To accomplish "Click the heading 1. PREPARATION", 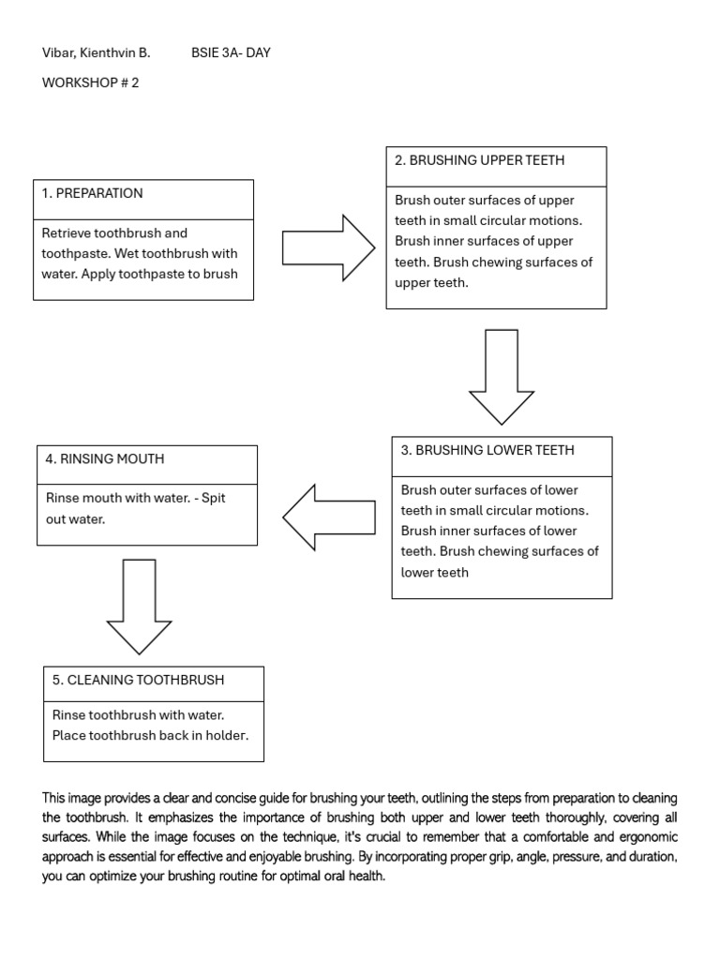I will point(93,193).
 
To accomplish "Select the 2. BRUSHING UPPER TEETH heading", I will point(479,160).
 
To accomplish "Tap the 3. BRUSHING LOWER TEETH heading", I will point(487,450).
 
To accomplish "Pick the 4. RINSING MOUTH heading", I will point(104,458).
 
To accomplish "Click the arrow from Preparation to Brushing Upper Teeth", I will point(327,247).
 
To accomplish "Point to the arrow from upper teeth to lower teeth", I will point(502,375).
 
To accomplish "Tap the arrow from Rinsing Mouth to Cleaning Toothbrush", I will point(139,605).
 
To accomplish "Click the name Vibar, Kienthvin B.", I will point(96,52).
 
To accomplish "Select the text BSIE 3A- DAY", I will point(231,52).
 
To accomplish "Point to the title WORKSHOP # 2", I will point(90,82).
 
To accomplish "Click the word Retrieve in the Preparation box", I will point(67,232).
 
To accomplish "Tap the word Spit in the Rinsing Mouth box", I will point(214,498).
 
